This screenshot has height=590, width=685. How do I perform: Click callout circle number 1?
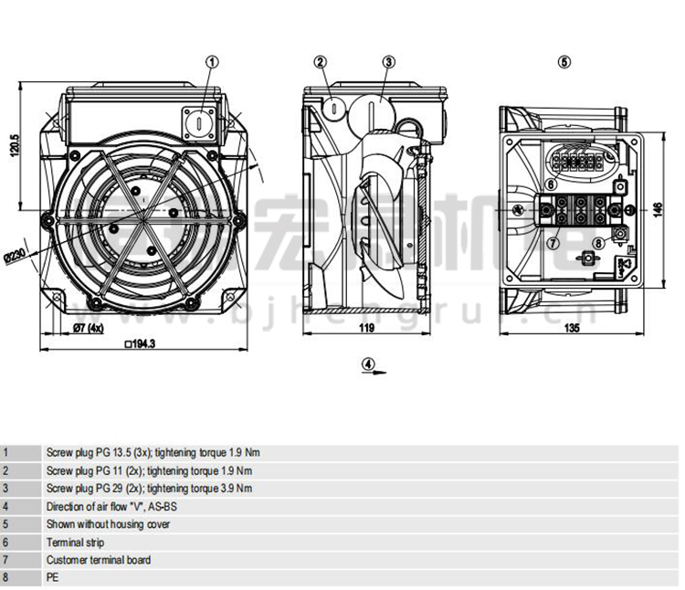213,62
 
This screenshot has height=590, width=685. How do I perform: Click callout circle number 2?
320,62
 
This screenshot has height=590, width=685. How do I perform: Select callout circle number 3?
388,62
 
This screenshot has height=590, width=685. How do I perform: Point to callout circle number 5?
564,62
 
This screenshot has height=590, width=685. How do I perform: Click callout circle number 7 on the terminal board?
553,242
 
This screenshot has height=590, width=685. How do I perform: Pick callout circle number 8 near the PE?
598,242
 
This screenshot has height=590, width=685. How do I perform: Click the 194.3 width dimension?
141,343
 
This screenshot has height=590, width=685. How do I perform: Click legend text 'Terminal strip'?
75,543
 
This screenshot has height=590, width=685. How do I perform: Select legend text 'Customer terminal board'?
99,560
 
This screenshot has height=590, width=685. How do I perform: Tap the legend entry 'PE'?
52,578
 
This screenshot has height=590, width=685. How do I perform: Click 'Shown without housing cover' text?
108,524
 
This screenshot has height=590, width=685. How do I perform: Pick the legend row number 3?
5,489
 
